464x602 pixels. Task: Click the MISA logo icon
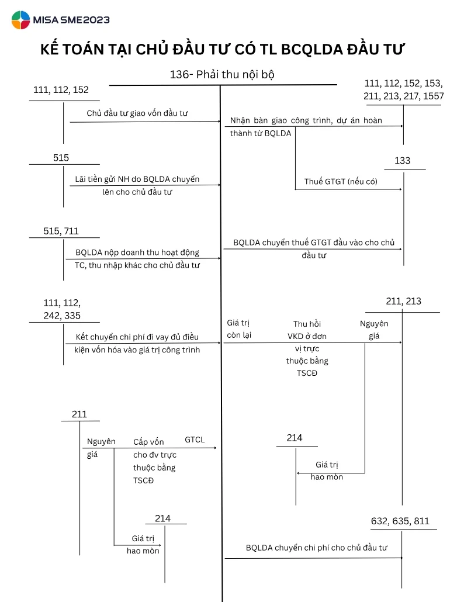[x=20, y=20]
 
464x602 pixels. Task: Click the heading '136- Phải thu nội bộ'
[x=222, y=75]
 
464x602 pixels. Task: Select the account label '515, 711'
[x=61, y=231]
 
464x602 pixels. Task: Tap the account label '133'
[x=403, y=161]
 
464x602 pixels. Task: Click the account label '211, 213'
[x=403, y=302]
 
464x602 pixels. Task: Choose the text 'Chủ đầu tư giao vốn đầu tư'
[x=137, y=113]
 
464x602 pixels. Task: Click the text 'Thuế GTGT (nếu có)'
[x=341, y=182]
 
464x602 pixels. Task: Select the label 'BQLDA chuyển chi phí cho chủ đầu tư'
[x=317, y=548]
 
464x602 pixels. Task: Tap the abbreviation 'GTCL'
[x=195, y=440]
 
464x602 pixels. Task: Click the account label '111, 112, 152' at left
[x=61, y=90]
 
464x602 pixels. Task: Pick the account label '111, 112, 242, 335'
[x=62, y=310]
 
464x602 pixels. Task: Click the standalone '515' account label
[x=61, y=158]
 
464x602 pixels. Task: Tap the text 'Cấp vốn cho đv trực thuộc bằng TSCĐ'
[x=155, y=461]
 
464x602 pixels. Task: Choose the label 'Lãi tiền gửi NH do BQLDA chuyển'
[x=137, y=179]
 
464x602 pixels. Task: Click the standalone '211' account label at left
[x=79, y=414]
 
